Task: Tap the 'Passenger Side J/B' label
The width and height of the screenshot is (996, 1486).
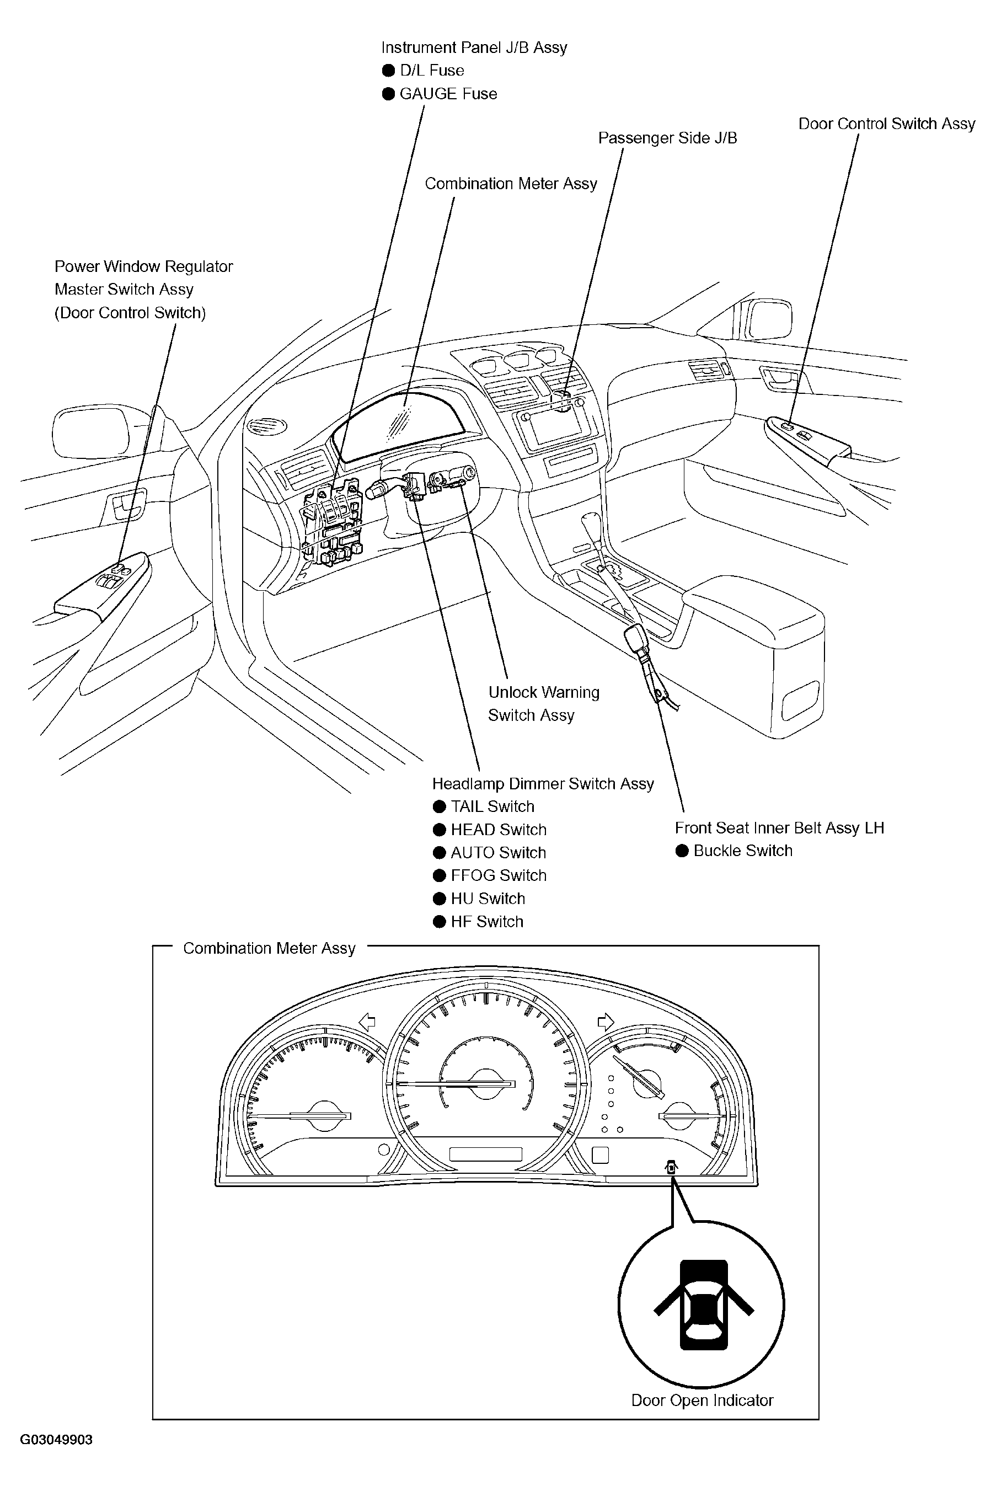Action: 668,138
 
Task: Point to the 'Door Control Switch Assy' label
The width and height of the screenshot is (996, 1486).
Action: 887,124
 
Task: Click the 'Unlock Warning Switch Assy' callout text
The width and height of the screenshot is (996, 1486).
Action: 544,704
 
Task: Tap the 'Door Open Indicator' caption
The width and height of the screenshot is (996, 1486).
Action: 702,1401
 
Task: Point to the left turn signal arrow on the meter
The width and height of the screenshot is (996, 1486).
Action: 367,1022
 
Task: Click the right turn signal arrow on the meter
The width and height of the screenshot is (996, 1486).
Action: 606,1022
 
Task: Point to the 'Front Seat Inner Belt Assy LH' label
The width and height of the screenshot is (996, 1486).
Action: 779,828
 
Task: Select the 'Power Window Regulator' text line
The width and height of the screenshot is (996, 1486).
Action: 143,267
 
